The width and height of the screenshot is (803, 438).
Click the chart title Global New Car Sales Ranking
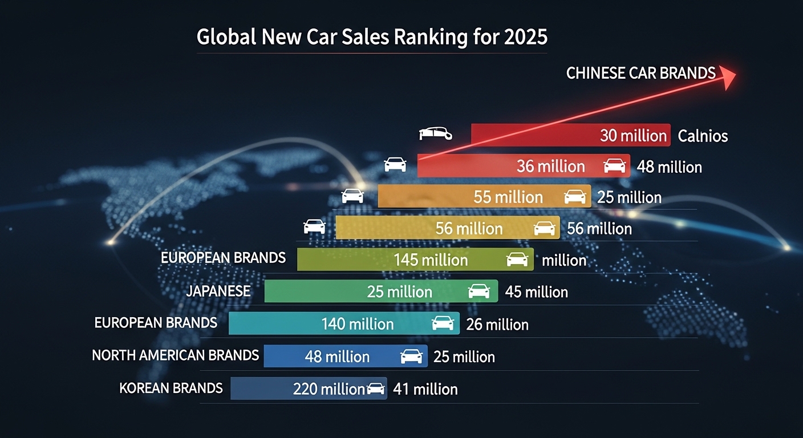(372, 37)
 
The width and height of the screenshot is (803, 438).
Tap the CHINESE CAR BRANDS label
(640, 73)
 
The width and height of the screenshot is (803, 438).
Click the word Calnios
(703, 136)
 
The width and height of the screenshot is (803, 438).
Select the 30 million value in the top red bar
(633, 136)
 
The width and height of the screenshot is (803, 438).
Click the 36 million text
(550, 167)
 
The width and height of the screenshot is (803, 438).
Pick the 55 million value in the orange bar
(508, 197)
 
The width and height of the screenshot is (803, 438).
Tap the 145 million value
(431, 260)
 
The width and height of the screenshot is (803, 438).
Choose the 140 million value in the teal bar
(358, 324)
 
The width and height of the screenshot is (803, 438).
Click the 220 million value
(328, 389)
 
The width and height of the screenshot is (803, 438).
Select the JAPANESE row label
(218, 291)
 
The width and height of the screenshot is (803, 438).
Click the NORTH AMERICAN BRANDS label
(175, 355)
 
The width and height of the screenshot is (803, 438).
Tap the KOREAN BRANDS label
(171, 388)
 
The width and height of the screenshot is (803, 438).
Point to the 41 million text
(425, 390)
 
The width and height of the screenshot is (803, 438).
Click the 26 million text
(497, 325)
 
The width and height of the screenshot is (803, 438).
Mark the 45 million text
(537, 293)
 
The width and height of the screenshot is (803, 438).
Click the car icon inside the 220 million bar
(375, 389)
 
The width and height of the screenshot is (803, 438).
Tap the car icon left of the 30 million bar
(436, 134)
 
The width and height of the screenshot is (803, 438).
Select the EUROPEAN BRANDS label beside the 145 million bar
(223, 258)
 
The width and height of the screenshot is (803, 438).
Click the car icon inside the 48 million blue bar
(412, 356)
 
